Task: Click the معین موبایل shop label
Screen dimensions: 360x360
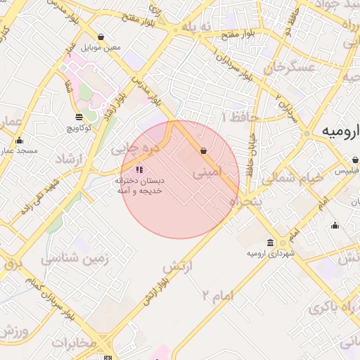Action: pos(102,48)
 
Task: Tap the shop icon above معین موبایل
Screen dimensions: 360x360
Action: pos(102,37)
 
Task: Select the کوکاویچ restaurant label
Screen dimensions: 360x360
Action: pos(77,128)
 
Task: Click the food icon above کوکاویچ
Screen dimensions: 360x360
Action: pos(77,117)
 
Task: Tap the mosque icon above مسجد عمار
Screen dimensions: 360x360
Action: pos(20,141)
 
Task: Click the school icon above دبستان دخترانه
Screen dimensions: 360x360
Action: pos(139,169)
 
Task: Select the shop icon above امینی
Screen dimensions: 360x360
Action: pos(203,150)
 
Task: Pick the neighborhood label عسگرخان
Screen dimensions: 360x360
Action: pos(287,67)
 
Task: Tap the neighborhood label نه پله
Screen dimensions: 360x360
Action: pos(196,27)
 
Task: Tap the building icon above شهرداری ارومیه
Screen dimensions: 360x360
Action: pos(282,242)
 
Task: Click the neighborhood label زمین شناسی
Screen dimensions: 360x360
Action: pos(75,259)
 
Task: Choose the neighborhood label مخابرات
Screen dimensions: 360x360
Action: pos(73,342)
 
